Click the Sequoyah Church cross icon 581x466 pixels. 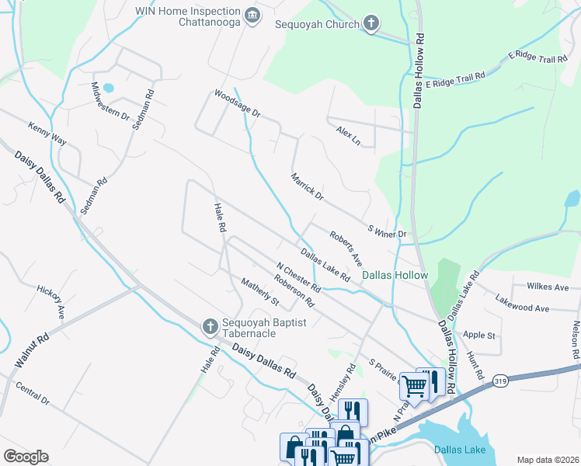point(371,23)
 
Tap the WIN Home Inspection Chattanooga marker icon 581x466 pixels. point(252,16)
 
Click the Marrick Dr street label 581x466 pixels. point(307,186)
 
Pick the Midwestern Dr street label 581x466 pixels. point(110,101)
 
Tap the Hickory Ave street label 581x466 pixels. point(50,301)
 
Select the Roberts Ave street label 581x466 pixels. point(346,247)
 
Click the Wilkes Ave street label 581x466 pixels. point(548,287)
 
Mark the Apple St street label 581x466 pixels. point(478,336)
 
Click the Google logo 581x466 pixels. point(26,456)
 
